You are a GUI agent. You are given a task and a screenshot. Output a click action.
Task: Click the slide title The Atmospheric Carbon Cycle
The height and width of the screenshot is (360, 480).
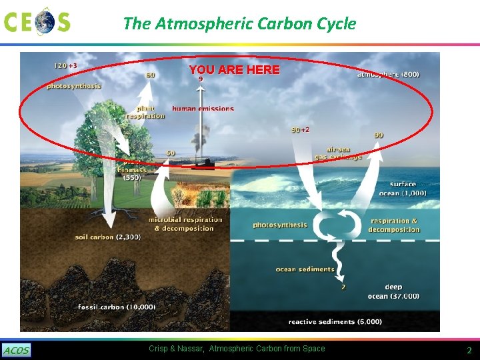[x=239, y=24]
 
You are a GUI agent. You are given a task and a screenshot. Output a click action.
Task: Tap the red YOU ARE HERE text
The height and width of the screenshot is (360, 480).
[x=234, y=69]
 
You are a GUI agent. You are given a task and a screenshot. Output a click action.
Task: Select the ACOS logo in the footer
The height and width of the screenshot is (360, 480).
[x=16, y=351]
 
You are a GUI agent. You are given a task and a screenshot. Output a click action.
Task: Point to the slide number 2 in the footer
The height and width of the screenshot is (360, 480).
[x=469, y=351]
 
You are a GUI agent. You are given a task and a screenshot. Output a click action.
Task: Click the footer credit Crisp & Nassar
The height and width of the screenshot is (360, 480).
[x=237, y=349]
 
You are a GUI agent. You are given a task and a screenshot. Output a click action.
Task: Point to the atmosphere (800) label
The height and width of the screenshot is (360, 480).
[x=389, y=74]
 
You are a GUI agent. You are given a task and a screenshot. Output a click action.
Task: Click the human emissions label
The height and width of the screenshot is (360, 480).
[x=203, y=108]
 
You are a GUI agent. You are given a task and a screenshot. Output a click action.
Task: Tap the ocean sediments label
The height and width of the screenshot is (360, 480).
[x=305, y=269]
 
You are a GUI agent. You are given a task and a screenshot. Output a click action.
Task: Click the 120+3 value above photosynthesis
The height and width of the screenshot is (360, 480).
[x=65, y=66]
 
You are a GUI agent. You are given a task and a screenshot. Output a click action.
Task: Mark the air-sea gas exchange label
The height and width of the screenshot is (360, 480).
[x=339, y=153]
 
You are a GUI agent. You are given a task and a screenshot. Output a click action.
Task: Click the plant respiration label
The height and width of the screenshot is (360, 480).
[x=145, y=112]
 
